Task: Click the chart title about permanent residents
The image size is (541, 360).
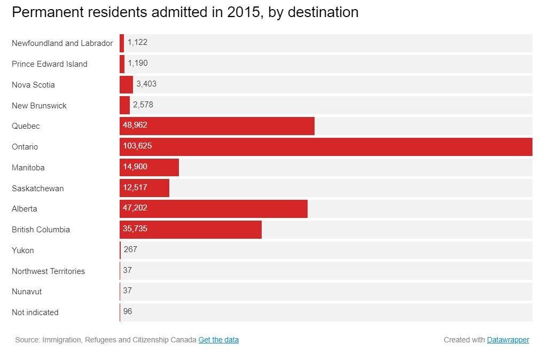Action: coord(185,12)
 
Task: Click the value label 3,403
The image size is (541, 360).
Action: coord(146,84)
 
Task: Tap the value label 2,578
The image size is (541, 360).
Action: coord(143,105)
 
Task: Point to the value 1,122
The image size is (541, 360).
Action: coord(137,42)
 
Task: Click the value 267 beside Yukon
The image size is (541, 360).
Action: coord(130,249)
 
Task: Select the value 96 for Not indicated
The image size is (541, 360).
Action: coord(128,311)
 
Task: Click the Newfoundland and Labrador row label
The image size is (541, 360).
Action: coord(62,43)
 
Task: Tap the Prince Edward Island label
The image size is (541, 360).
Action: coord(49,64)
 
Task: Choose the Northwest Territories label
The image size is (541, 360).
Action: coord(48,271)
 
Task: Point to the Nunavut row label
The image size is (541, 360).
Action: coord(27,292)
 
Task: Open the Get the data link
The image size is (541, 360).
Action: coord(218,340)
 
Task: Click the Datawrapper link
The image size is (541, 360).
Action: coord(508,340)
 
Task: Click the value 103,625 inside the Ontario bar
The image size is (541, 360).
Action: coord(137,146)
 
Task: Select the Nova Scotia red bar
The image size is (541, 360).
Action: coord(127,84)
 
